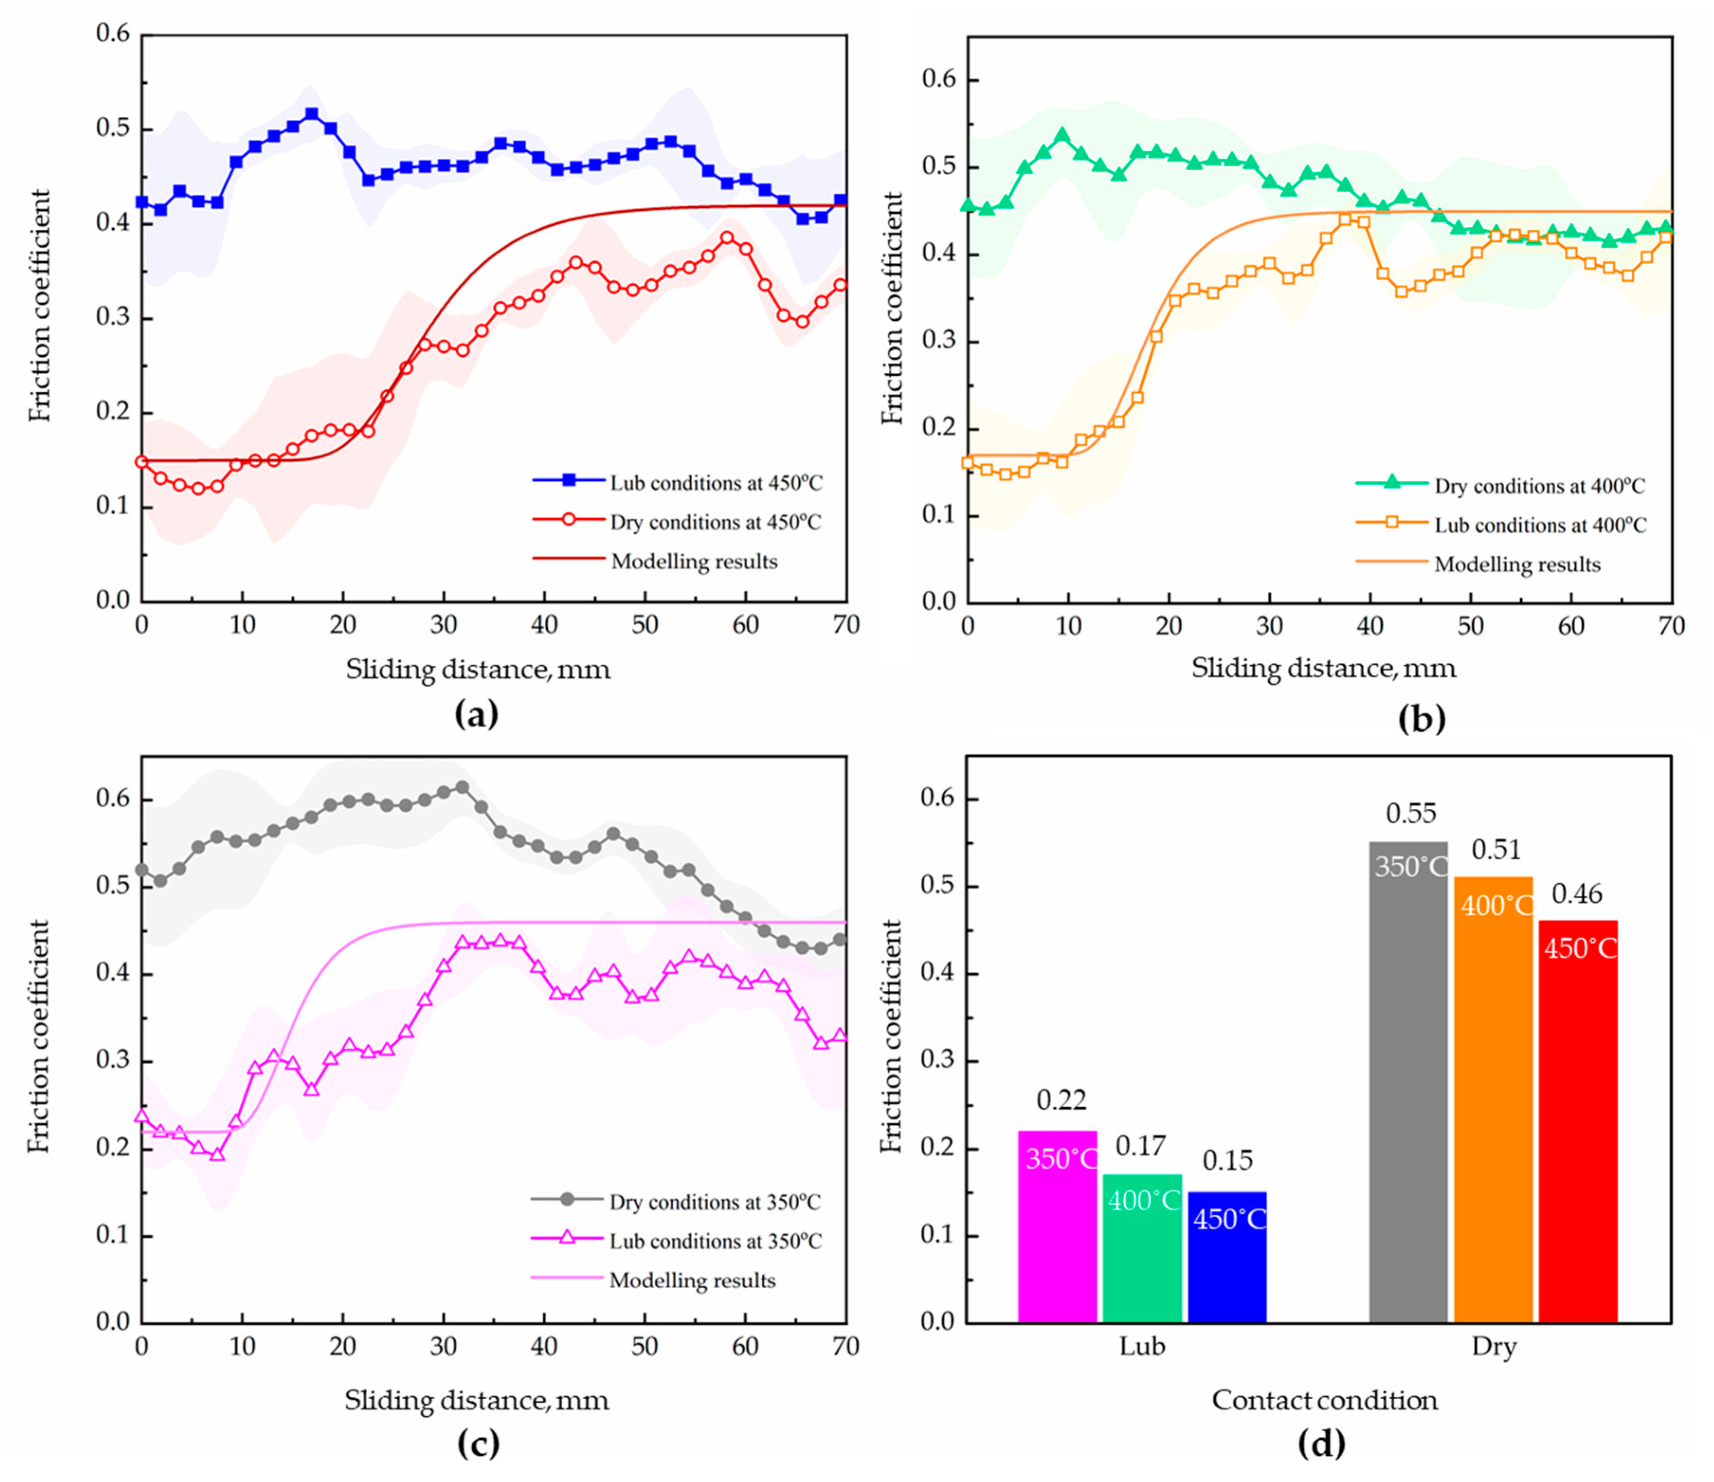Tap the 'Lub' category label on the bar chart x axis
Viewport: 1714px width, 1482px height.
pos(1142,1347)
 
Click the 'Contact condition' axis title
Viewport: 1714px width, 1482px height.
pos(1325,1400)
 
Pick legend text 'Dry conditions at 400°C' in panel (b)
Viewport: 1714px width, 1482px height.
pos(1540,486)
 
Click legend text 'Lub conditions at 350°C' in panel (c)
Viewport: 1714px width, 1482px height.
pos(715,1241)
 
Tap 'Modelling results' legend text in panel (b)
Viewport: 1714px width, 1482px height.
pos(1517,564)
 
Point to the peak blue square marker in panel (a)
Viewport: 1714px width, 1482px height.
pos(312,114)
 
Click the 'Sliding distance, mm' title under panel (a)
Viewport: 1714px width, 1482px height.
pos(478,669)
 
